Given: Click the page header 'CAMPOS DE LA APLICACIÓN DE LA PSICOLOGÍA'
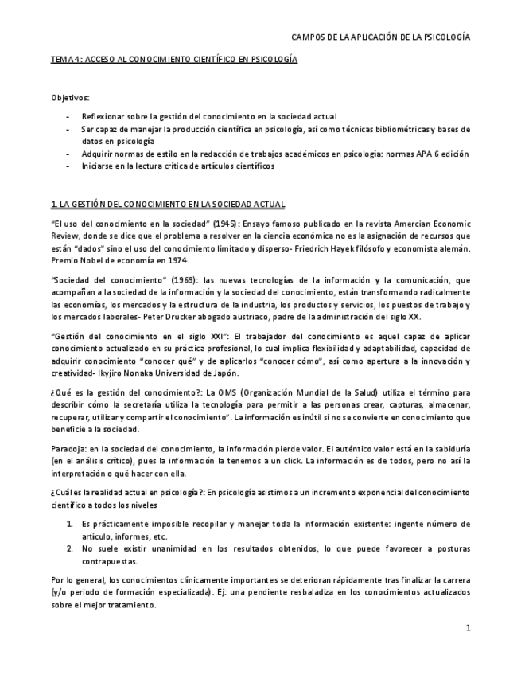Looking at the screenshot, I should pos(381,37).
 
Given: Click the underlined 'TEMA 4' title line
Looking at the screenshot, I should pos(173,60).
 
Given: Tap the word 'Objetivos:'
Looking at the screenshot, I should pos(70,97).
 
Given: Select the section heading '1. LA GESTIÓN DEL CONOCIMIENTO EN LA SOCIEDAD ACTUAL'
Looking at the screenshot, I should pos(168,204).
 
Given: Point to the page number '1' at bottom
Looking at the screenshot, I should pos(469,627).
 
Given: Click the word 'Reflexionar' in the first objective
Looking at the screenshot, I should pos(103,116).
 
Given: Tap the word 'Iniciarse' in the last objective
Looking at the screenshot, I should pos(99,166).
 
